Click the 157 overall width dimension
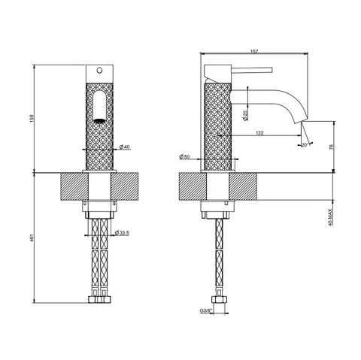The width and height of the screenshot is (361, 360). pyautogui.click(x=254, y=52)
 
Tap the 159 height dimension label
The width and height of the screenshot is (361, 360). pyautogui.click(x=32, y=118)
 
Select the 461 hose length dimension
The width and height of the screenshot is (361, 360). pyautogui.click(x=32, y=237)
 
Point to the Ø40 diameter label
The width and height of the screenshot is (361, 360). pyautogui.click(x=125, y=147)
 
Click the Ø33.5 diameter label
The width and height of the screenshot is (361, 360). pyautogui.click(x=122, y=233)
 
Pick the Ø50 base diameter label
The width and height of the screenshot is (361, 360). pyautogui.click(x=184, y=157)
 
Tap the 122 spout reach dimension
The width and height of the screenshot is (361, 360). pyautogui.click(x=259, y=133)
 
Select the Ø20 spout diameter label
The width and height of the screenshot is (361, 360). pyautogui.click(x=245, y=116)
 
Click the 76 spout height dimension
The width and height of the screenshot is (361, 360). pyautogui.click(x=331, y=147)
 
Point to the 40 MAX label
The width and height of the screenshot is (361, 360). pyautogui.click(x=330, y=217)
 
